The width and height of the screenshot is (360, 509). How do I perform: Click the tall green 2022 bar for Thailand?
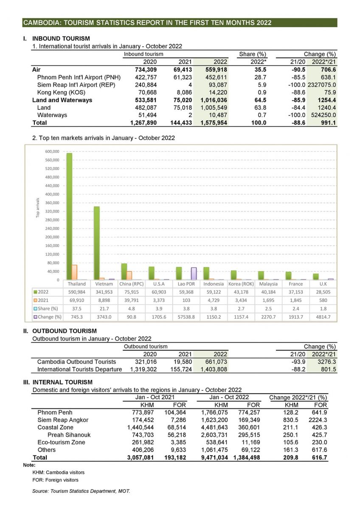[x=69, y=216]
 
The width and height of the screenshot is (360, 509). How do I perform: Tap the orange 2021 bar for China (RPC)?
[x=129, y=275]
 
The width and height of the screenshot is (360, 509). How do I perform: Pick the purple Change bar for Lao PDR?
[x=194, y=274]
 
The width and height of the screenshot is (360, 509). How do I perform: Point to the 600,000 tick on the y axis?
[x=51, y=151]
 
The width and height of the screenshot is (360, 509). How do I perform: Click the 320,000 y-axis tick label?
[x=51, y=211]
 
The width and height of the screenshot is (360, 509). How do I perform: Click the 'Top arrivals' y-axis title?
[x=38, y=208]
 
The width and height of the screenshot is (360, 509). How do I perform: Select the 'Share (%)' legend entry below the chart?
[x=47, y=308]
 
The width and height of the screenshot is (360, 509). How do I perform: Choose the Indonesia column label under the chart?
[x=214, y=284]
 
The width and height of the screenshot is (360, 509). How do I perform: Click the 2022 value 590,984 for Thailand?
[x=77, y=292]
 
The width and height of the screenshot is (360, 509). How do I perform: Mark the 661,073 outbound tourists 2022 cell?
[x=216, y=362]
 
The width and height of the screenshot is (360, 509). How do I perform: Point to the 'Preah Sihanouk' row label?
[x=69, y=435]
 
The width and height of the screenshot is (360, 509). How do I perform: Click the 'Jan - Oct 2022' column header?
[x=229, y=397]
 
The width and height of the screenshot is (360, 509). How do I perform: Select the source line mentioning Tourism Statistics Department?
[x=81, y=491]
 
